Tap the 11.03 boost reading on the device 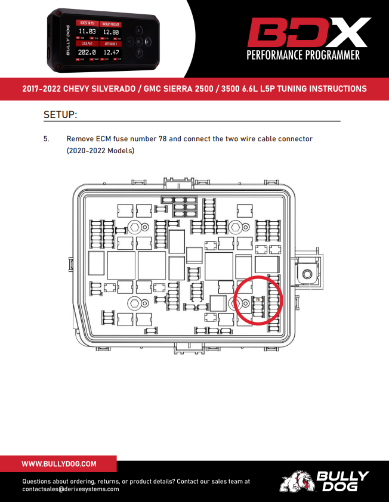click(x=87, y=32)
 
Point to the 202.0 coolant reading click(x=87, y=52)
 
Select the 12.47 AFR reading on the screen click(x=111, y=52)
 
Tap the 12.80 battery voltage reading click(x=111, y=32)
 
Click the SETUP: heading click(x=61, y=114)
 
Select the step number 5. click(x=46, y=138)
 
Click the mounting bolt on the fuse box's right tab click(x=307, y=274)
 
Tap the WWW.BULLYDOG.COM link click(x=59, y=463)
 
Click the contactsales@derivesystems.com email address click(x=71, y=489)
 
